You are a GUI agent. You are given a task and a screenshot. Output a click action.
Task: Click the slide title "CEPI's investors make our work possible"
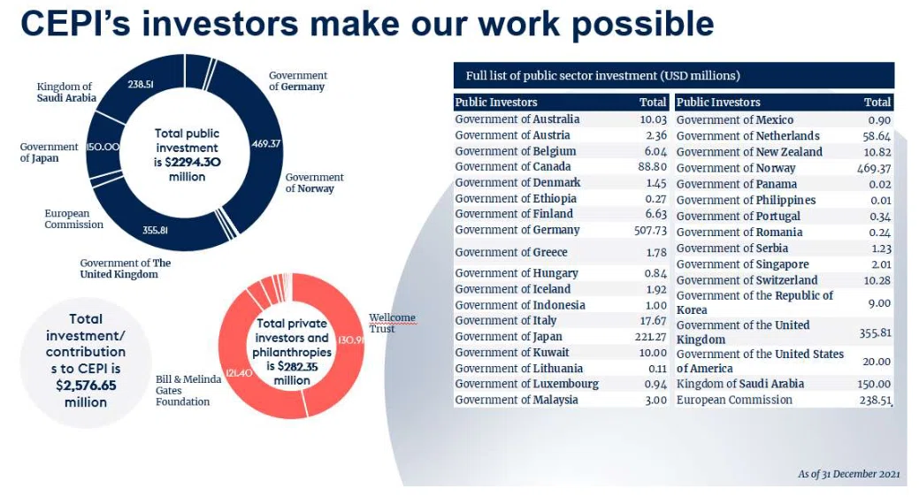click(367, 24)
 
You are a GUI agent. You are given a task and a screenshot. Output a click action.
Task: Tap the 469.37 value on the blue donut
click(266, 143)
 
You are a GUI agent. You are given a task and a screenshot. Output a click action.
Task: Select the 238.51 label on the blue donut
click(141, 84)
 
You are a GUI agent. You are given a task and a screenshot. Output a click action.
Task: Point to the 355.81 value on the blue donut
click(156, 230)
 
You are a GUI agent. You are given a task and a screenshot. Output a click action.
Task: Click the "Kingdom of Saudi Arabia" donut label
click(66, 92)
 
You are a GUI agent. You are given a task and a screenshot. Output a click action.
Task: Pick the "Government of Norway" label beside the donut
click(314, 183)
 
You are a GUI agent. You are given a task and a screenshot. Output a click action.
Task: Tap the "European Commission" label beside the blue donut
click(73, 219)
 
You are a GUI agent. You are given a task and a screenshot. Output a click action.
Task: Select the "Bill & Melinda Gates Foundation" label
click(188, 390)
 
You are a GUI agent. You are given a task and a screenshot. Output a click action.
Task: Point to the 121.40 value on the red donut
click(239, 373)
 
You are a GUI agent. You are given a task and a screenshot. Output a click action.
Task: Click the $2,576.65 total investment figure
click(86, 385)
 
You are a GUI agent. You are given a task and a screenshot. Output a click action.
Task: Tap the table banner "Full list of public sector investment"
click(602, 76)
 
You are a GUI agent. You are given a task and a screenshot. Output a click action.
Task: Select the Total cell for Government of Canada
click(653, 166)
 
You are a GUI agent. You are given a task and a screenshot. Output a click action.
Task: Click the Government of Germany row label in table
click(517, 230)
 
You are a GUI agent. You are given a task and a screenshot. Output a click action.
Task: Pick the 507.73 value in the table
click(651, 230)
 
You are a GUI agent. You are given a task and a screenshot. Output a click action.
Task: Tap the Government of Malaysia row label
click(517, 400)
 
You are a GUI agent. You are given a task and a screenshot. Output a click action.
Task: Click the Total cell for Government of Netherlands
click(877, 136)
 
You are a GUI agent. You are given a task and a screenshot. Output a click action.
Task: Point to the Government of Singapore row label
click(743, 264)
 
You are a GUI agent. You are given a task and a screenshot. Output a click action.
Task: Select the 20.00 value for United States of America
click(877, 362)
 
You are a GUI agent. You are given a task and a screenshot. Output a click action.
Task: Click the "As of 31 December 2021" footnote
click(848, 474)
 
